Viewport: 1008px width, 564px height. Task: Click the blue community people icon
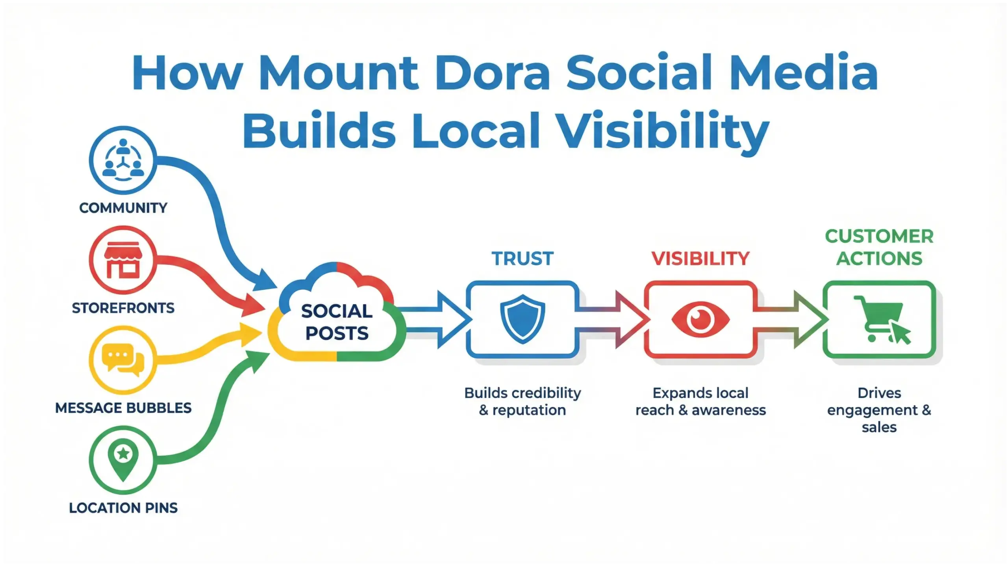click(123, 160)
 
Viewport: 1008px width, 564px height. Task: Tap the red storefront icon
click(123, 260)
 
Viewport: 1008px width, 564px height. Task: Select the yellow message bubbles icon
click(123, 359)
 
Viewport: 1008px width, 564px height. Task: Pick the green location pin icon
click(123, 459)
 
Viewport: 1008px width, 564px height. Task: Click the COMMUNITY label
click(123, 208)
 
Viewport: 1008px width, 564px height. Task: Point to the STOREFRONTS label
click(123, 308)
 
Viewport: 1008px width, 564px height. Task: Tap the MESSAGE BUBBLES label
click(123, 408)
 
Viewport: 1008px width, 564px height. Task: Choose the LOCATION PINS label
click(123, 508)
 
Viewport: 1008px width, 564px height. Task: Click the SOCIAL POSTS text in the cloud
click(337, 322)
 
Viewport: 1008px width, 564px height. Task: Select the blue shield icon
click(523, 319)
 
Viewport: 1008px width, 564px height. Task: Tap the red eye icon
click(700, 319)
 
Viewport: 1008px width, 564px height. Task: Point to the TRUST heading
click(523, 259)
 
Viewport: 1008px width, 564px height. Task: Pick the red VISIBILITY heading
click(700, 259)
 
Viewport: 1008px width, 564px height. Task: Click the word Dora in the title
click(492, 74)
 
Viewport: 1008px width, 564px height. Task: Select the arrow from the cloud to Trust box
click(437, 319)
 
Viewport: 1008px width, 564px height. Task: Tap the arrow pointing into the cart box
click(791, 319)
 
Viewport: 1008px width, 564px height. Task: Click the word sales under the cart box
click(879, 427)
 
